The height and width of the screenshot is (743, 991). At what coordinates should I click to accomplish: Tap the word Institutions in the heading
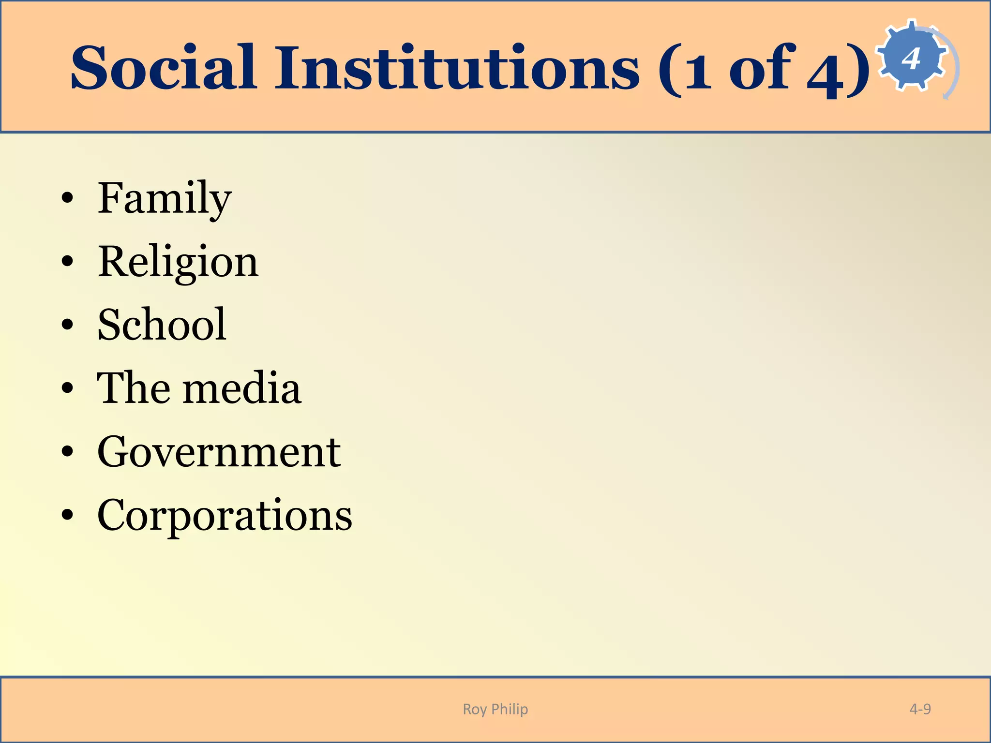[457, 68]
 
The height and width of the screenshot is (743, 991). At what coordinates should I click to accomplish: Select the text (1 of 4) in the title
[764, 69]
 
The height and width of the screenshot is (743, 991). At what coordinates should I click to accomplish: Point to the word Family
[165, 199]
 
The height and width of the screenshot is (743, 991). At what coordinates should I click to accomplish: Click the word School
[162, 325]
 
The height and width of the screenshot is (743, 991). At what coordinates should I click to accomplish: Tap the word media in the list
[241, 388]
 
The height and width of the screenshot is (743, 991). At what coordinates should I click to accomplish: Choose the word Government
[219, 452]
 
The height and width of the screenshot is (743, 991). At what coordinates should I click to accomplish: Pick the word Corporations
[225, 516]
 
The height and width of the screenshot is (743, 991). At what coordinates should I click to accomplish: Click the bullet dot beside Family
[68, 198]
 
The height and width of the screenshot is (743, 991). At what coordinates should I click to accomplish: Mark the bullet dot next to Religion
[68, 262]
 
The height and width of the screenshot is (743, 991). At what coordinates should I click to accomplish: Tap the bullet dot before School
[68, 325]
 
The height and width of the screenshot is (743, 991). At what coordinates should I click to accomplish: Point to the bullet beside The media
[68, 388]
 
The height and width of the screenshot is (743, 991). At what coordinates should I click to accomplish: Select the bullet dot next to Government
[68, 452]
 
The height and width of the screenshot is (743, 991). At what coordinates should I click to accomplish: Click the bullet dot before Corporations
[68, 516]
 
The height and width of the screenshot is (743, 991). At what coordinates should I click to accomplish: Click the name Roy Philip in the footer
[495, 709]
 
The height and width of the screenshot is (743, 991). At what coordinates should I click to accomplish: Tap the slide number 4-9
[920, 709]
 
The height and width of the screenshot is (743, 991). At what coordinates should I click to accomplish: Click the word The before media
[133, 388]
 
